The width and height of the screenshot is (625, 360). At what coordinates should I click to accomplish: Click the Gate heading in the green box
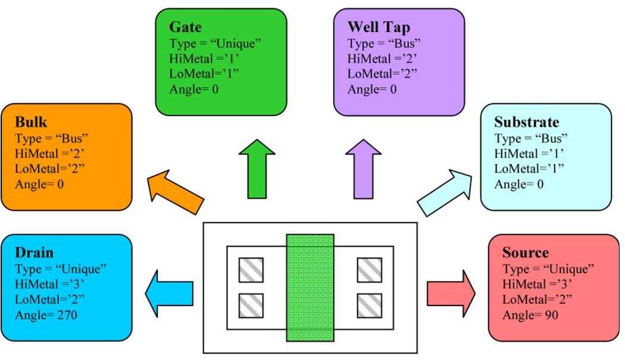pos(185,27)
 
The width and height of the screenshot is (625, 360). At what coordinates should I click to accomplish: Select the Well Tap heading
pos(378,27)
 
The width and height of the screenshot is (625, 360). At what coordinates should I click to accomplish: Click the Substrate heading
pos(526,123)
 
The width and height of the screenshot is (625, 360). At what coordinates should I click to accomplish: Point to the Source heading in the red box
pos(525,253)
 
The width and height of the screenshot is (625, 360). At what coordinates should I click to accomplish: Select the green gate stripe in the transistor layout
pos(310,287)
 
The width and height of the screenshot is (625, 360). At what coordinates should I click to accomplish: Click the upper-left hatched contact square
pos(250,270)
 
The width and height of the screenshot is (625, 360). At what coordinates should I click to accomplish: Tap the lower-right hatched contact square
pos(369,305)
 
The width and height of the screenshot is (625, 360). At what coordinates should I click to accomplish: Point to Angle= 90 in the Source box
pos(530,314)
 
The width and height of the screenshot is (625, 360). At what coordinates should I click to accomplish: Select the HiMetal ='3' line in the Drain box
pos(45,283)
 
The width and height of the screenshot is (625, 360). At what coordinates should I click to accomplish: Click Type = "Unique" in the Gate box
pos(215,44)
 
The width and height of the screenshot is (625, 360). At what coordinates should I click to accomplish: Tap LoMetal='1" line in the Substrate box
pos(528,169)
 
